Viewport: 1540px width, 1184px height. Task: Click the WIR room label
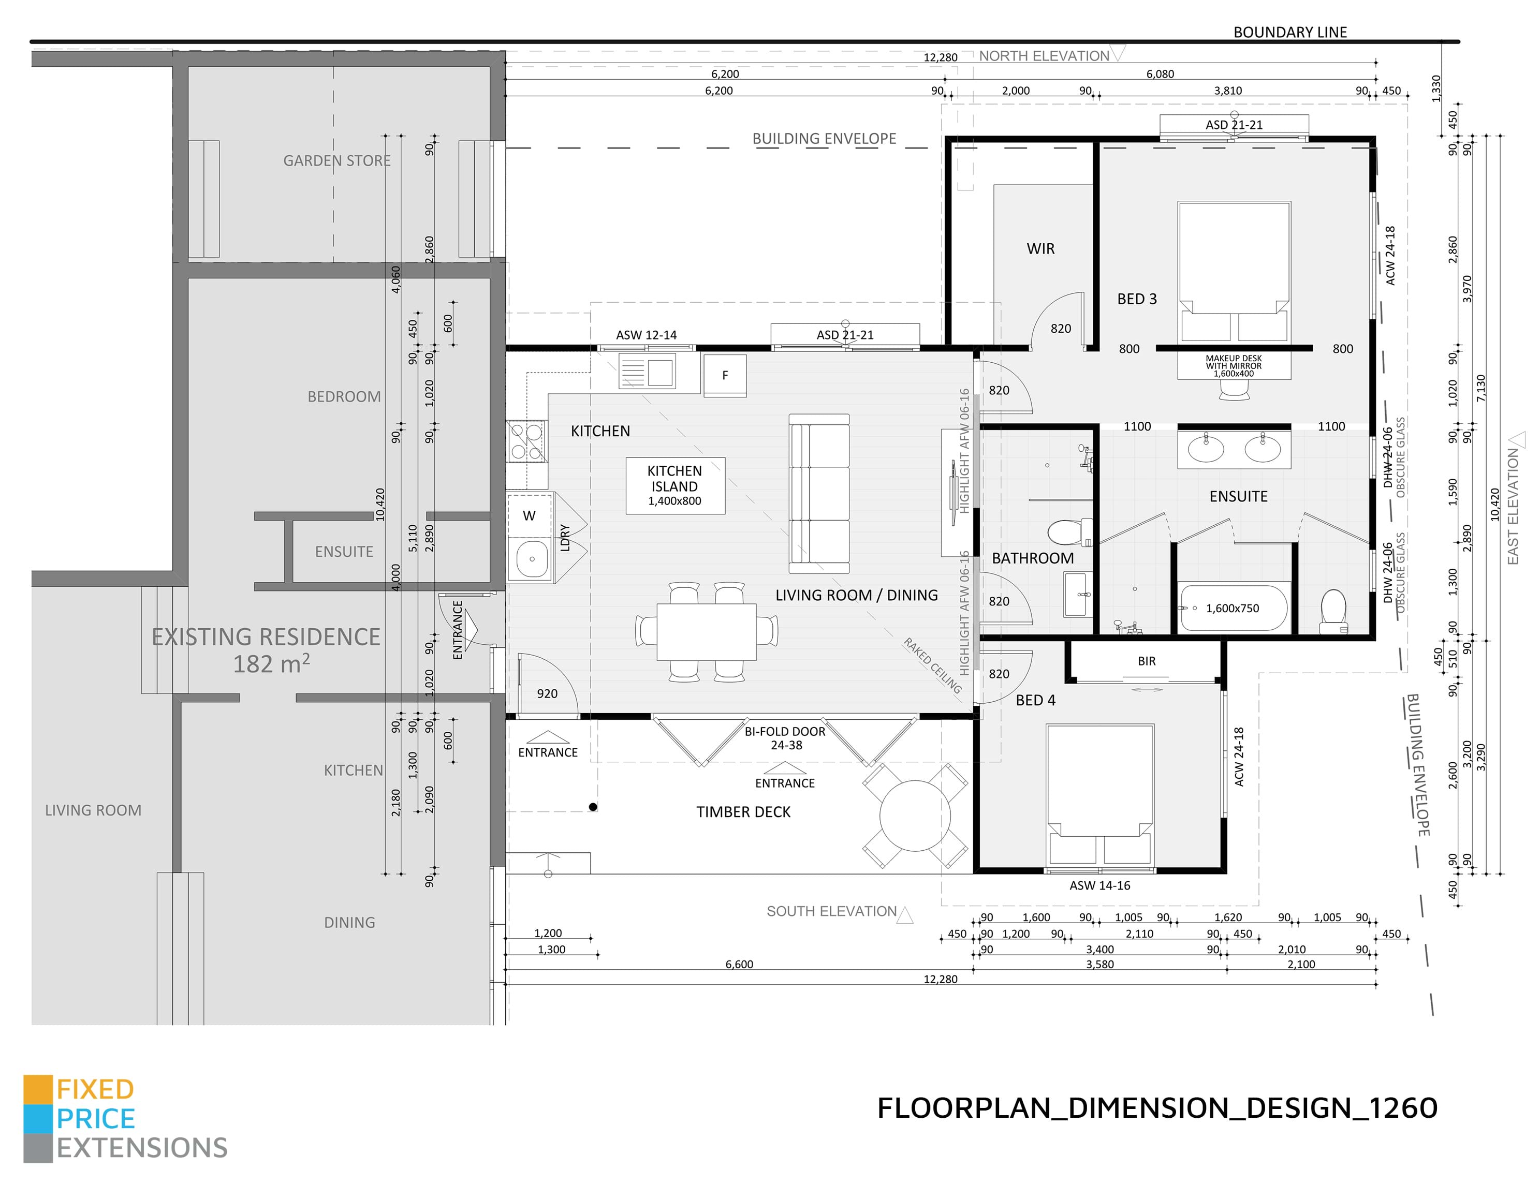(x=1040, y=249)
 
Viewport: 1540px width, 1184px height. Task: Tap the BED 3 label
(x=1137, y=299)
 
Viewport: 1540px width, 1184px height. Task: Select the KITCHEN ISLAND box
(x=674, y=485)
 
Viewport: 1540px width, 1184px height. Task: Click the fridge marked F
(x=725, y=376)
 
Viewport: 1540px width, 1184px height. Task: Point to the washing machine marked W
(x=530, y=515)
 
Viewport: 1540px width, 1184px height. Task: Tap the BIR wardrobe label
(x=1147, y=661)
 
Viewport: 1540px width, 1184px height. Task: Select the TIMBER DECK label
(x=743, y=812)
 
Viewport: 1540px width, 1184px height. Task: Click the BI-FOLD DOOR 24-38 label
(x=785, y=738)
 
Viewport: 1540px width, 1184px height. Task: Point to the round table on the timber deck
(x=915, y=816)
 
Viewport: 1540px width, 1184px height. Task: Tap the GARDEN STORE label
(x=337, y=161)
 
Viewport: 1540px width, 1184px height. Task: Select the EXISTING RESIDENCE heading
(x=266, y=637)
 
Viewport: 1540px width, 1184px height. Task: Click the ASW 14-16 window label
(x=1099, y=885)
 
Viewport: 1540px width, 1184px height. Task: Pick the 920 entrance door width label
(x=547, y=693)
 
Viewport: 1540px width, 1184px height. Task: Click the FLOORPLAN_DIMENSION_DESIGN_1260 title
(x=1157, y=1108)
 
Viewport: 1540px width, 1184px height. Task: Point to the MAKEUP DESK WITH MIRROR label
(x=1234, y=366)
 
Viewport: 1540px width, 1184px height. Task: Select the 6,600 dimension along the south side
(x=739, y=964)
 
